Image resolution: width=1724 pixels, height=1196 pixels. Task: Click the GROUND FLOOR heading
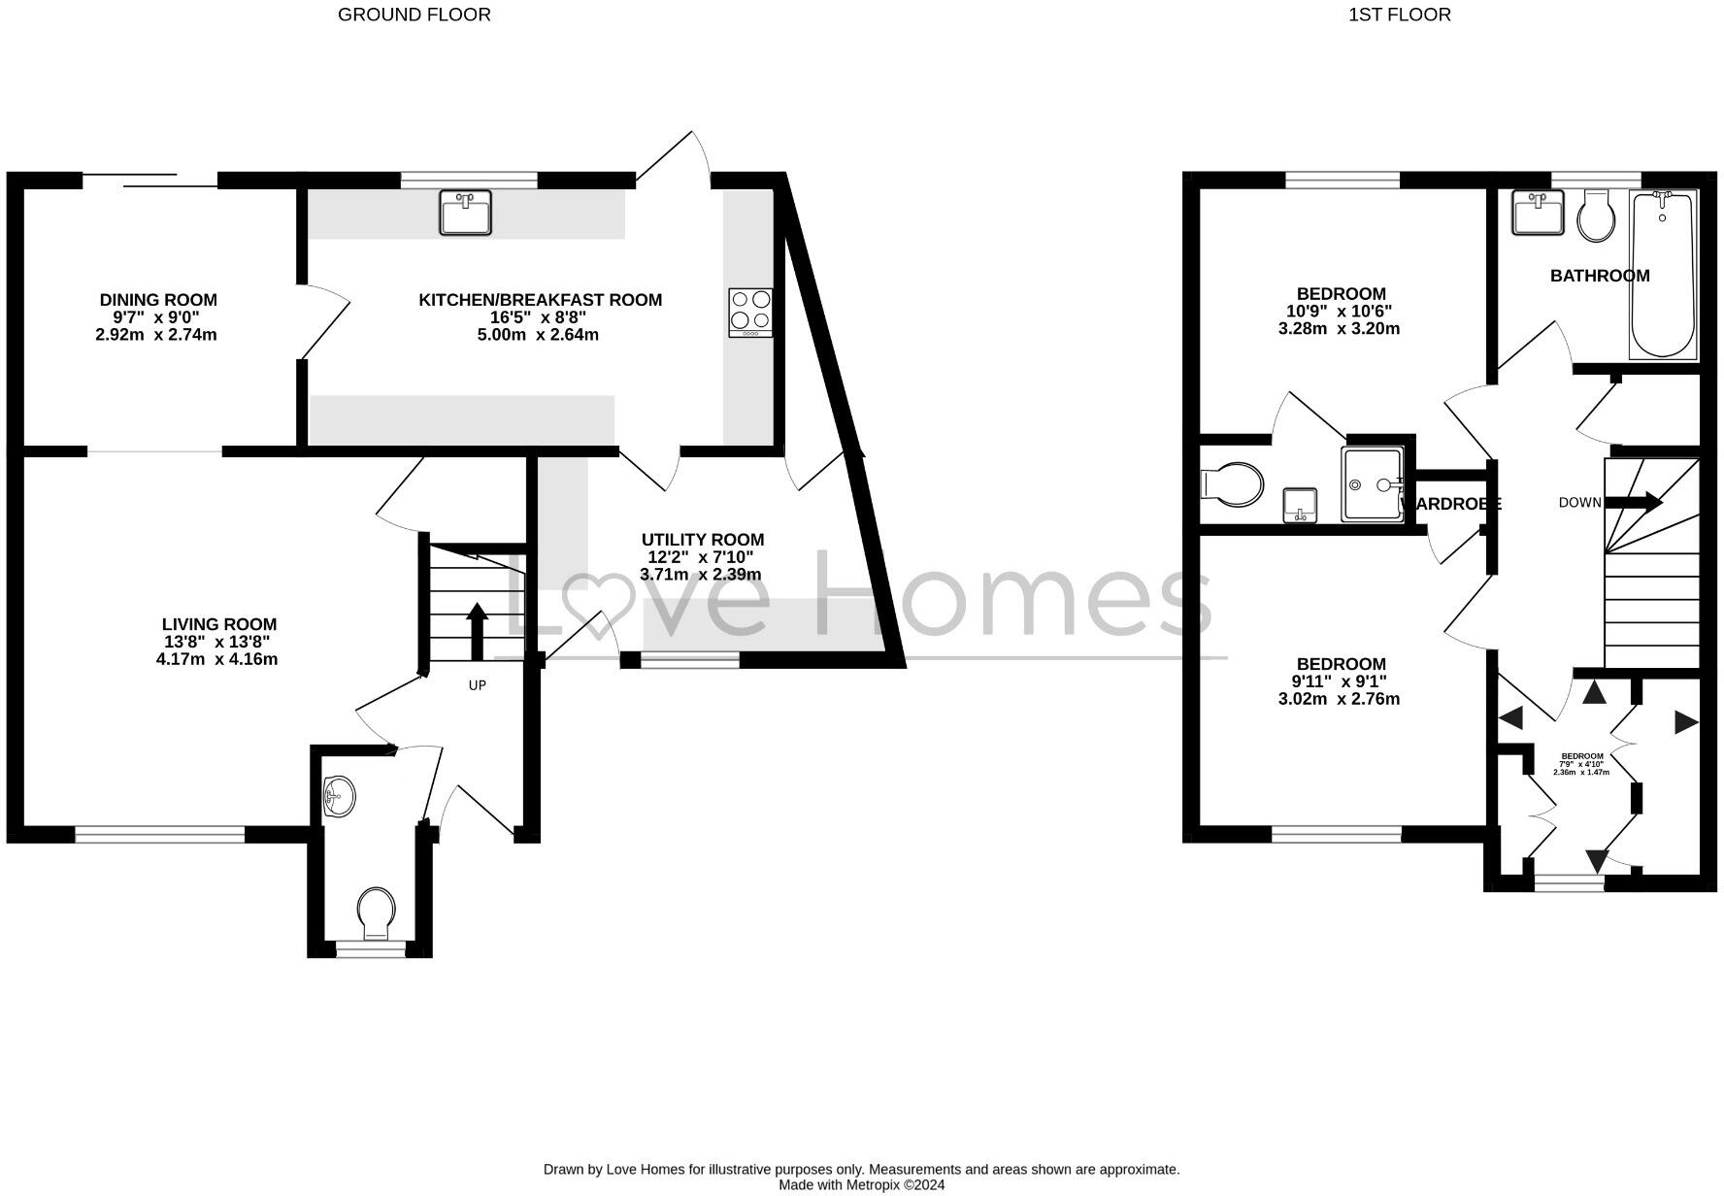pos(414,15)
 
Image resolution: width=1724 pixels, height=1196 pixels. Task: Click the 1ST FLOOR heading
pos(1399,15)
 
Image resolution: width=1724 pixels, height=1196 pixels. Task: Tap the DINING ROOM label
pos(158,300)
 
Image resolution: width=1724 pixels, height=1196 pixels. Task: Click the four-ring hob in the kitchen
pos(750,312)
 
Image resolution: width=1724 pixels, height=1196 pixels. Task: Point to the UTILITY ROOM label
pos(702,540)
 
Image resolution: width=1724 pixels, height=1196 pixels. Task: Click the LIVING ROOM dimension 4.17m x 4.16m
pos(217,660)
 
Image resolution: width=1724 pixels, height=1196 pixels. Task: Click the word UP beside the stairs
pos(477,685)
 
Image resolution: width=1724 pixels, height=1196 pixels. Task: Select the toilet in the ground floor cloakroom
pos(376,914)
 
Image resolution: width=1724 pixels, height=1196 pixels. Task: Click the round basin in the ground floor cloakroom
pos(339,797)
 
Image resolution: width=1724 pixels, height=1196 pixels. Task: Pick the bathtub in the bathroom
pos(1662,274)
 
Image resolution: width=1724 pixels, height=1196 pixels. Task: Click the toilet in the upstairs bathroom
pos(1595,216)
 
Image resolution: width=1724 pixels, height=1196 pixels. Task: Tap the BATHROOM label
pos(1599,276)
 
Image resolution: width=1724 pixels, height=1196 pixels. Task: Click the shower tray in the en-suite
pos(1372,483)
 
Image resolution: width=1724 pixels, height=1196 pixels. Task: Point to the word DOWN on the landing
pos(1579,502)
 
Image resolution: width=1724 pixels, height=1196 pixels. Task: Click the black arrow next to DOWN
pos(1634,502)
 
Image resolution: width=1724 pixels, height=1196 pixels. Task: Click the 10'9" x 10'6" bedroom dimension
pos(1339,312)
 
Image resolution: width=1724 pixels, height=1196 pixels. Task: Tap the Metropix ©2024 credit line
pos(861,1184)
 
